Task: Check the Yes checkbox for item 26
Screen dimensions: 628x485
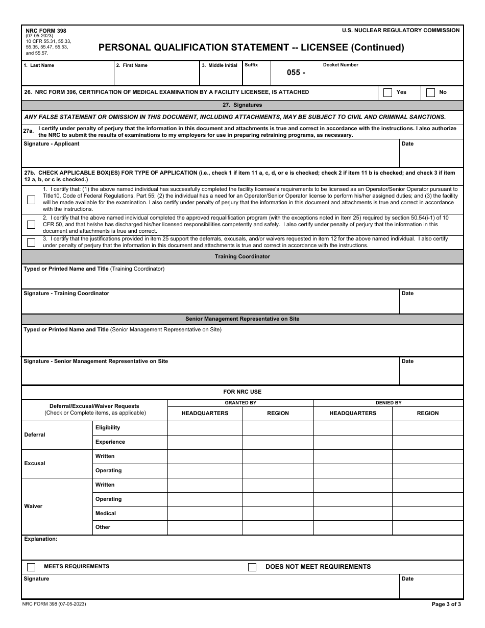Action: coord(387,92)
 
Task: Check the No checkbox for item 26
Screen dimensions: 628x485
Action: coord(430,92)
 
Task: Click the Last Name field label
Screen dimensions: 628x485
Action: coord(39,65)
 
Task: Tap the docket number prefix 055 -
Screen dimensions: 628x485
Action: coord(296,73)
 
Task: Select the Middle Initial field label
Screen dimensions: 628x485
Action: coord(220,65)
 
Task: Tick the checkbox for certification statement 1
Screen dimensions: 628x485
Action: coord(31,200)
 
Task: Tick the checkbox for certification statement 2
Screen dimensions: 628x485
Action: coord(31,225)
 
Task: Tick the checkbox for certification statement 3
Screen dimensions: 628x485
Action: coord(31,243)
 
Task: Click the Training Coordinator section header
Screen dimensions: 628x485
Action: coord(243,257)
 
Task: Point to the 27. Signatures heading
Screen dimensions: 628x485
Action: coord(243,105)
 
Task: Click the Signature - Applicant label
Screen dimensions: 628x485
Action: coord(52,144)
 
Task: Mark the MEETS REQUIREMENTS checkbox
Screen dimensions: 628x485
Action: coord(31,567)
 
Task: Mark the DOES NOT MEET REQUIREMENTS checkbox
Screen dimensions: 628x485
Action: coord(252,567)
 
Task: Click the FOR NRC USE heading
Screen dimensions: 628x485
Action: coord(243,392)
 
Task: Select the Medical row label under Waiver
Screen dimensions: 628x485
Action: coord(106,513)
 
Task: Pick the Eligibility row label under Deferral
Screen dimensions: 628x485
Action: coord(108,427)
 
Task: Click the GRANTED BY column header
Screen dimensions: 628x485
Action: coord(240,403)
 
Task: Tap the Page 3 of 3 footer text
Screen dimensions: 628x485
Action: coord(446,604)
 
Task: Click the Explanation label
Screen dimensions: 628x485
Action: coord(40,539)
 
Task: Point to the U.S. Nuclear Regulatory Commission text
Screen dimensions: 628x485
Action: coord(401,31)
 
